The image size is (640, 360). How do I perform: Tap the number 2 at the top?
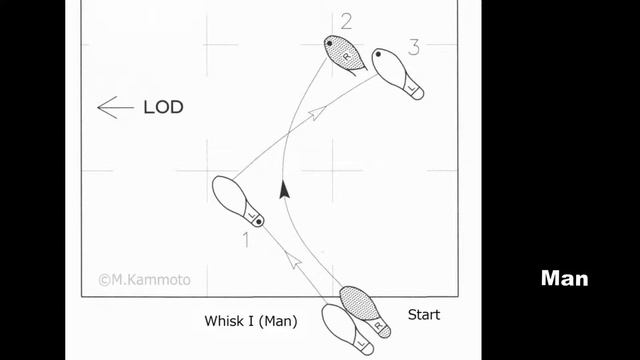tap(346, 20)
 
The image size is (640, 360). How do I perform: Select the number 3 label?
tap(413, 46)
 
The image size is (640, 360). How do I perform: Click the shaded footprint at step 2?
tap(343, 54)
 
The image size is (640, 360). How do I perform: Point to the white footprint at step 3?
tap(396, 73)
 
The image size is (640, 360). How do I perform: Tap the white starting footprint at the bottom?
tap(346, 328)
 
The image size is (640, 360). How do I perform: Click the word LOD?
tap(162, 107)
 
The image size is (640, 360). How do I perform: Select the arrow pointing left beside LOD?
tap(115, 107)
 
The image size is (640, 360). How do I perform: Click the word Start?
tap(423, 314)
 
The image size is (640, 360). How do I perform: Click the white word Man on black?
tap(564, 278)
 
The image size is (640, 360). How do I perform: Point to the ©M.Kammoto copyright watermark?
tap(144, 281)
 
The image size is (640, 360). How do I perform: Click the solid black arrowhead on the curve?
tap(285, 188)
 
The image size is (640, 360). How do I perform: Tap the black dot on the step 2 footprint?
tap(330, 42)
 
